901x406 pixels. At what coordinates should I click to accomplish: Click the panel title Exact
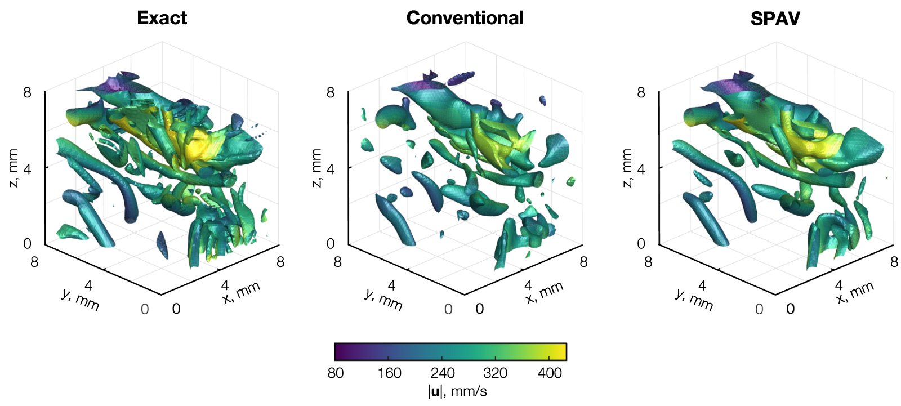point(162,18)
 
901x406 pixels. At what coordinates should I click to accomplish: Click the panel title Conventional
point(465,18)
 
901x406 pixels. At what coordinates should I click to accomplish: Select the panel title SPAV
point(775,19)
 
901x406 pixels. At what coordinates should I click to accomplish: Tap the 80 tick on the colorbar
point(336,373)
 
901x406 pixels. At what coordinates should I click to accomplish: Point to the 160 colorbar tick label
point(389,373)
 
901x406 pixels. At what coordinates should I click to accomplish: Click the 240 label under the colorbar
point(443,373)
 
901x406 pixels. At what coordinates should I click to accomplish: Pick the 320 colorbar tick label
point(496,373)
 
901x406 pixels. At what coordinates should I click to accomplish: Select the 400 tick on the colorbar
point(550,373)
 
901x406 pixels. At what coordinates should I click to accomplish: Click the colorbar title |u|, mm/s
point(457,391)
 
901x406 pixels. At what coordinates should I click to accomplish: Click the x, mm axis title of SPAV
point(854,292)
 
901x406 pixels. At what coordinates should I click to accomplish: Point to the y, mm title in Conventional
point(383,300)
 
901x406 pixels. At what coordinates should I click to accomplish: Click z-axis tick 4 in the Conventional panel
point(331,168)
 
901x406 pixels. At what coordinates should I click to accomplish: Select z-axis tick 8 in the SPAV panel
point(641,92)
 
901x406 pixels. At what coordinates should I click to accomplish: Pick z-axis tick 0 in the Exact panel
point(27,244)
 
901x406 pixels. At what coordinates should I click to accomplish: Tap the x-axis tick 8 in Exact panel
point(280,262)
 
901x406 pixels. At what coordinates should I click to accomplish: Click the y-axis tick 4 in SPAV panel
point(702,286)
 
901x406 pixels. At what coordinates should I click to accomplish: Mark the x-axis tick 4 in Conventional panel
point(528,285)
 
